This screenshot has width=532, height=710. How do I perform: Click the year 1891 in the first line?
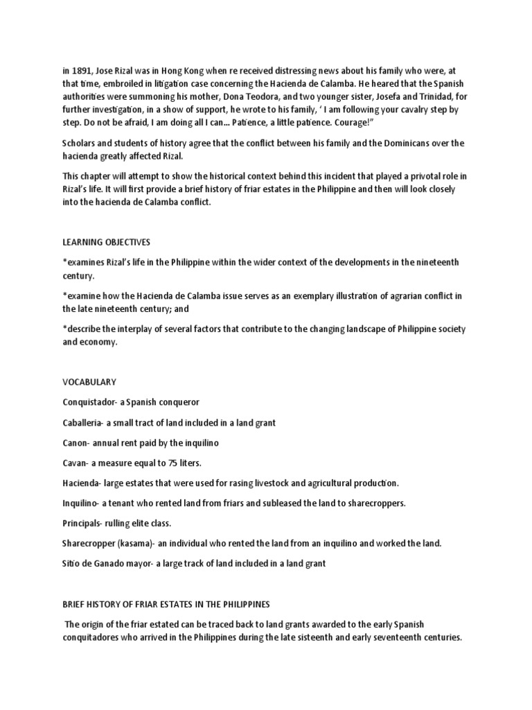pos(82,70)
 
